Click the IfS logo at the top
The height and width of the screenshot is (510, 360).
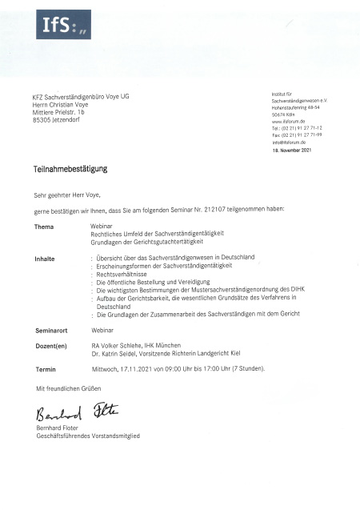62,25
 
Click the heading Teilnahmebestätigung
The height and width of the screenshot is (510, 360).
70,170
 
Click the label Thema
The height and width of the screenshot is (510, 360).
44,227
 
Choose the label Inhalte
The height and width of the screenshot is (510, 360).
45,258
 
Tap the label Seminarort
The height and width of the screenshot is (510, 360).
51,330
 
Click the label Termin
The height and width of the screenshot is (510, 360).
46,369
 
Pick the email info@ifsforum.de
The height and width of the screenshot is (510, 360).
289,142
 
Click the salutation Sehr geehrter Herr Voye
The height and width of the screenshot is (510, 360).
67,195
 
